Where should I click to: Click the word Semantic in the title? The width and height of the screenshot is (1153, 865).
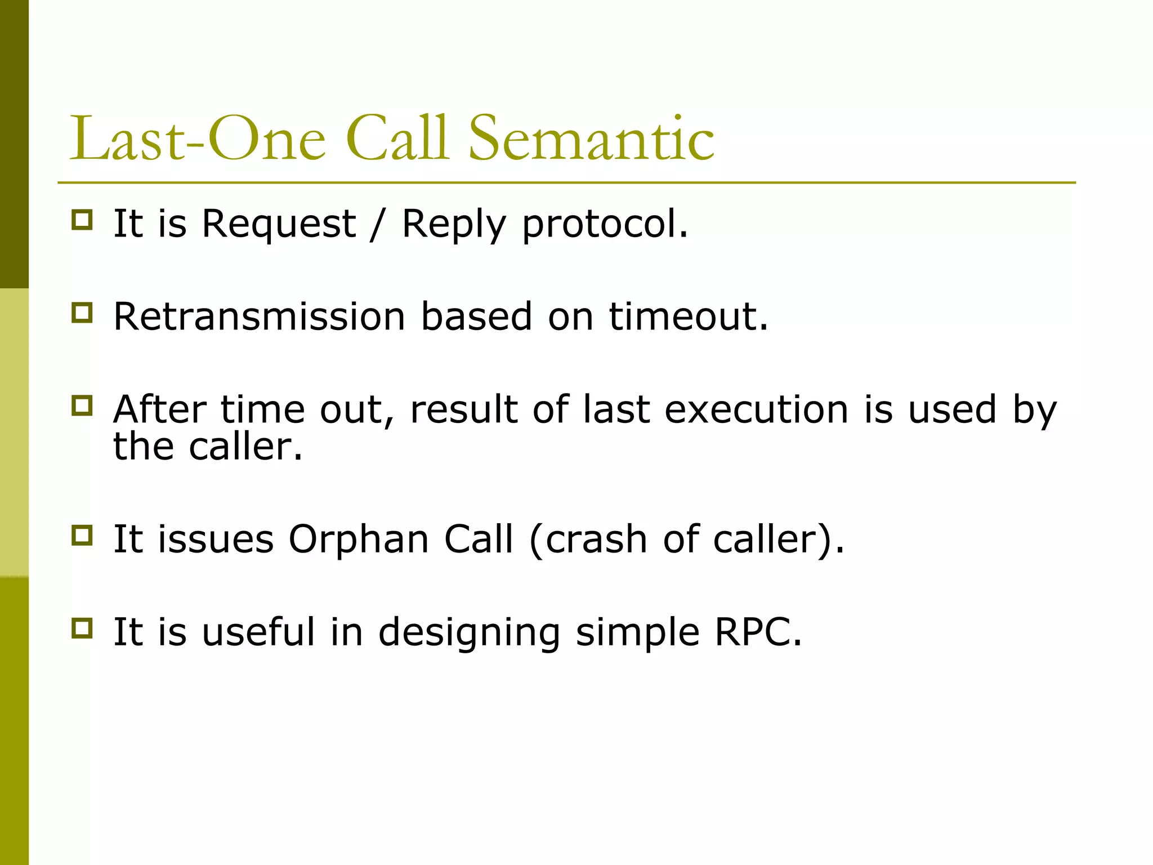click(x=591, y=139)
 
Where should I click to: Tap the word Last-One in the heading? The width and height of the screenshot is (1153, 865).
click(x=197, y=139)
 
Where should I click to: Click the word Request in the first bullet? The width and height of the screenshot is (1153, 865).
click(x=279, y=225)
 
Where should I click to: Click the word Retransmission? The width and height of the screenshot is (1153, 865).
click(x=259, y=316)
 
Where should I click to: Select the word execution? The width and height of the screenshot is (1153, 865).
click(x=756, y=409)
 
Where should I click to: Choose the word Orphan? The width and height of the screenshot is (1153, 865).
click(x=359, y=539)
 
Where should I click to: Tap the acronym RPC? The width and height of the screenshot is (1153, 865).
click(x=757, y=632)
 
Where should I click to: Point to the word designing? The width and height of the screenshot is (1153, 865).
click(x=469, y=632)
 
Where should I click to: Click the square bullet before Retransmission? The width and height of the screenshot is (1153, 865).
click(x=82, y=313)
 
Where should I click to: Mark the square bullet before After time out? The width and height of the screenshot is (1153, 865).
click(x=82, y=405)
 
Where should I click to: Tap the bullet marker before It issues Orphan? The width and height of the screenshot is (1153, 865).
click(x=82, y=536)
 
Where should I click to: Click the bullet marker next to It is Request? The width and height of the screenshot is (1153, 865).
click(x=82, y=220)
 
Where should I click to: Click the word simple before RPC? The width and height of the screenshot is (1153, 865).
click(x=637, y=632)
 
